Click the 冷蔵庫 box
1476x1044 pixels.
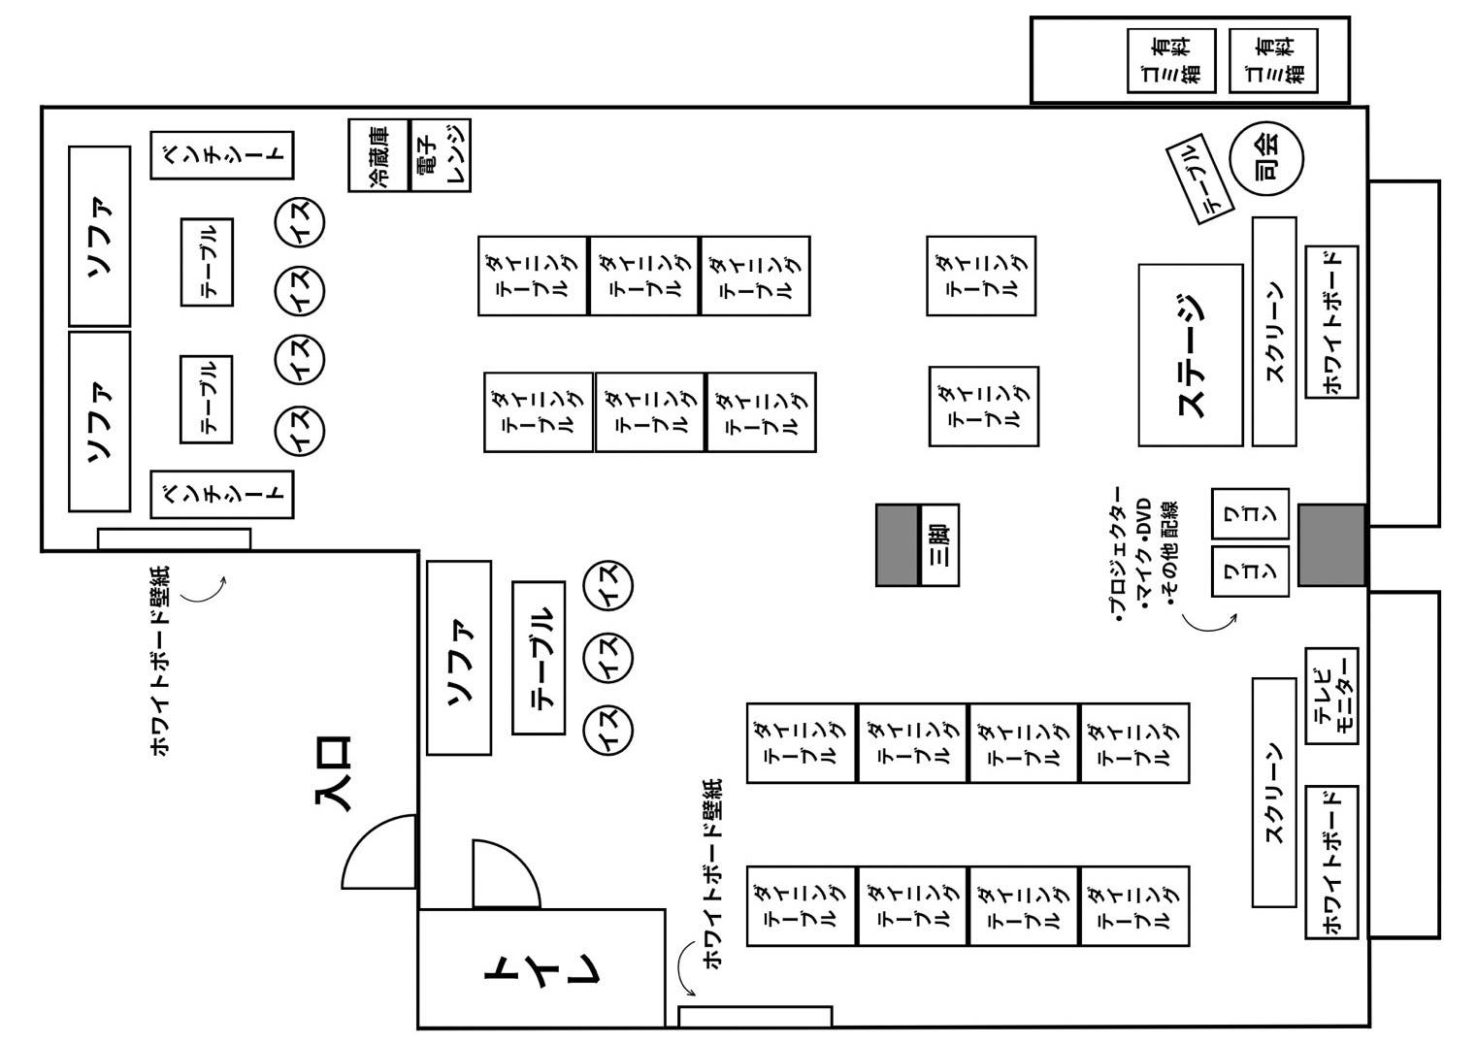point(378,155)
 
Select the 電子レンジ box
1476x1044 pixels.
point(441,155)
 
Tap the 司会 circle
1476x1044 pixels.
point(1266,158)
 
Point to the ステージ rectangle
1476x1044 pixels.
point(1191,355)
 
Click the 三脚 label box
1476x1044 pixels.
point(939,544)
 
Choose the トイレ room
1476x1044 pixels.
point(541,967)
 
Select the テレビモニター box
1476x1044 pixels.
point(1331,697)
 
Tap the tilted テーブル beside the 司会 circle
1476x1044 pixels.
point(1199,179)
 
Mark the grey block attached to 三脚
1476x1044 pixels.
point(897,544)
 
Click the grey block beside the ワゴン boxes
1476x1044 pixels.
point(1331,544)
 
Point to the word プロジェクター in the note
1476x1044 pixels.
point(1118,555)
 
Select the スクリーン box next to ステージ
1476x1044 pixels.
point(1274,332)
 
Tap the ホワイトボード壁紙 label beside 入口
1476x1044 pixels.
point(160,661)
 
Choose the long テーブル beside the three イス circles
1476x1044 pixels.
point(539,658)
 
